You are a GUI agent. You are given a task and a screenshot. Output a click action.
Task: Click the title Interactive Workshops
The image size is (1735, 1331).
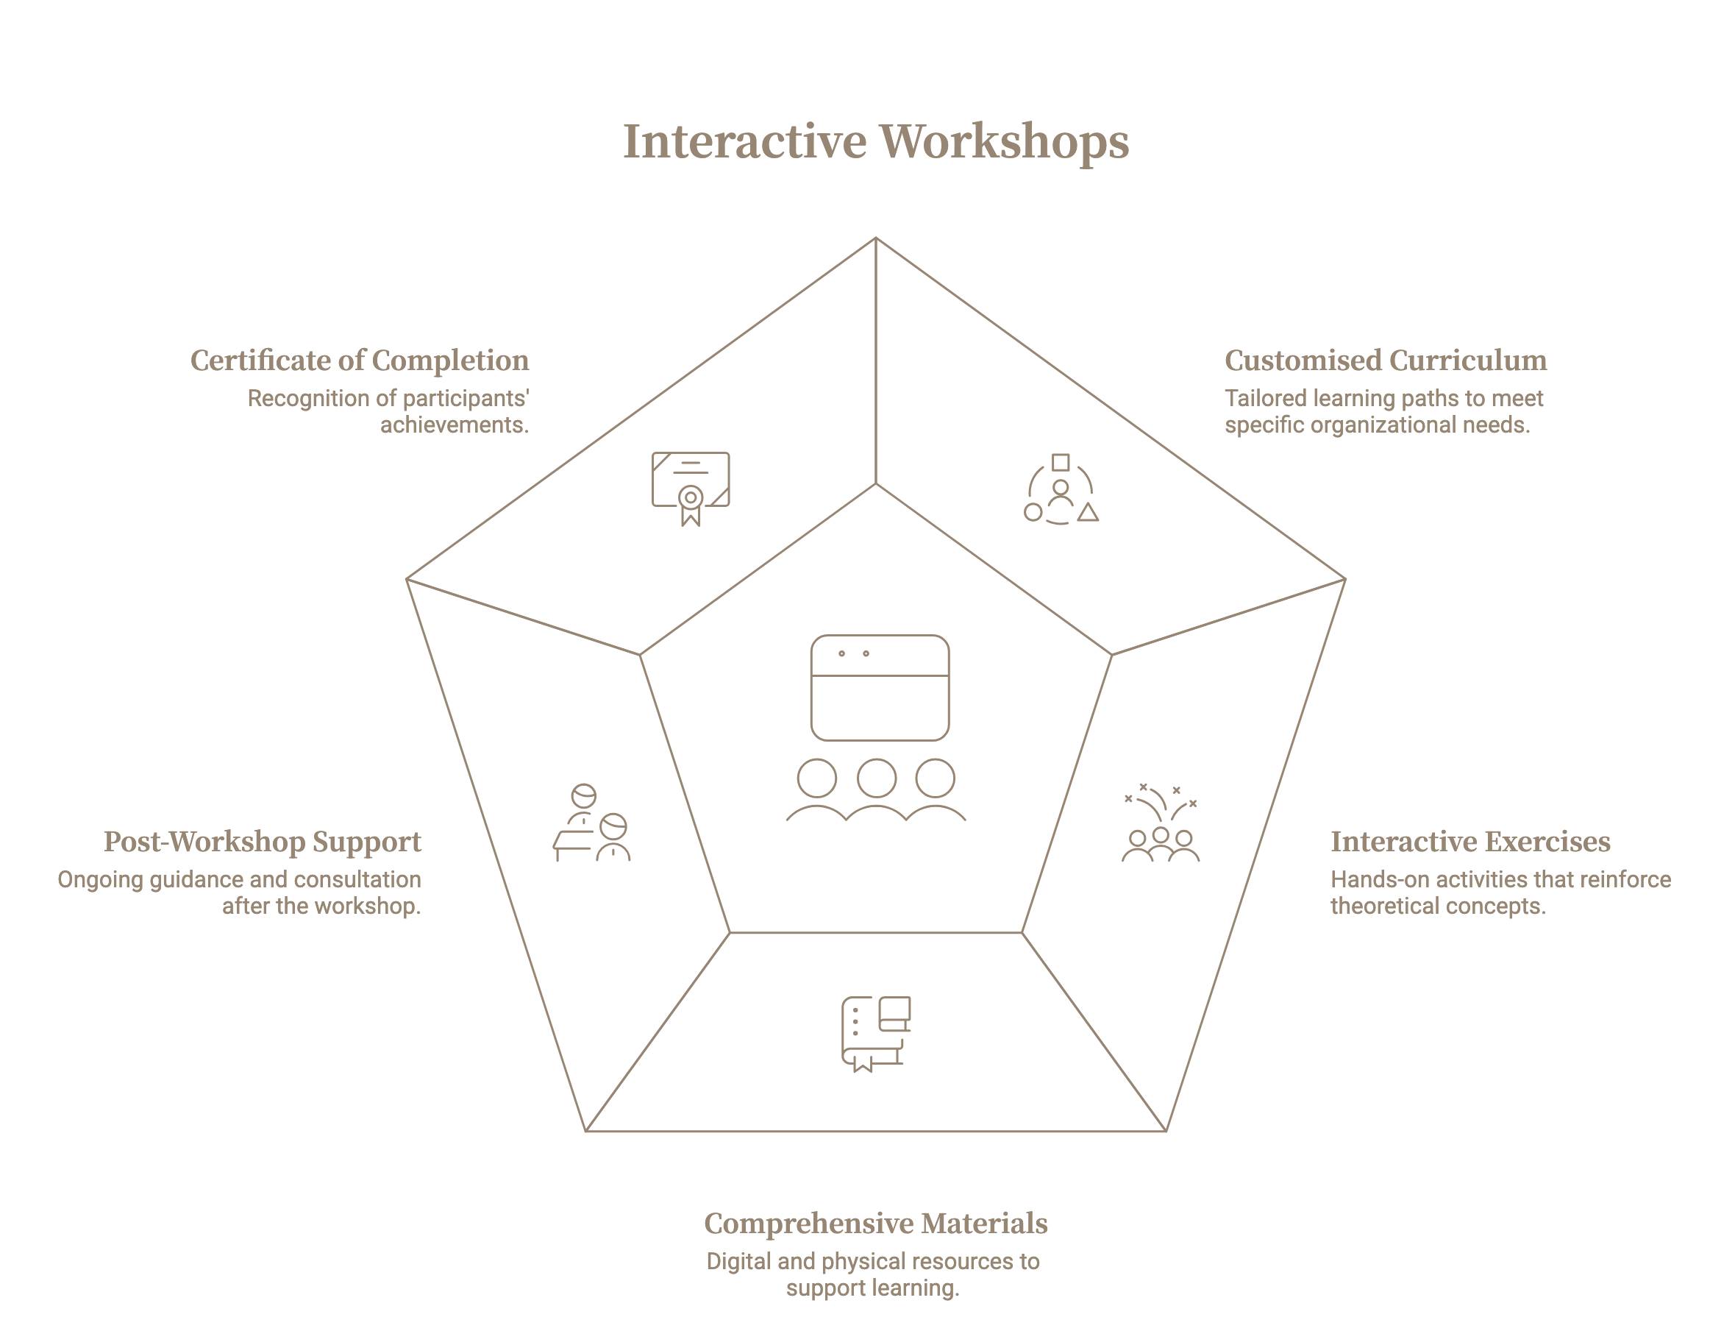click(875, 142)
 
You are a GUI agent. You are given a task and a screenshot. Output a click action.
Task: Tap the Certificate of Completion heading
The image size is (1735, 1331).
click(359, 361)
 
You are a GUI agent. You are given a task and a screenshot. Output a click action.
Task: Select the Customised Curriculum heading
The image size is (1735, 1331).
click(1385, 361)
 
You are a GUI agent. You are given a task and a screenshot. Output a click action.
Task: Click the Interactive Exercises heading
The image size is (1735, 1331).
click(1469, 842)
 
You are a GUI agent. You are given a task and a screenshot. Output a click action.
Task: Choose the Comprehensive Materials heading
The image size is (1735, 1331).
click(875, 1224)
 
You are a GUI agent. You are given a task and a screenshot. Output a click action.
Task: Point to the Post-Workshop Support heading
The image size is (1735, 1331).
click(262, 842)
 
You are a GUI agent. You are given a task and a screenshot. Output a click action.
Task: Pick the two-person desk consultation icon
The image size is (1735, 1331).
click(591, 823)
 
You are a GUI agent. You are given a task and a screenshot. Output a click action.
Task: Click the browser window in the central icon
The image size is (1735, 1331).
click(879, 688)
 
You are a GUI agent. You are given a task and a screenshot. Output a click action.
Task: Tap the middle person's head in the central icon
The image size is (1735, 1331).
click(876, 778)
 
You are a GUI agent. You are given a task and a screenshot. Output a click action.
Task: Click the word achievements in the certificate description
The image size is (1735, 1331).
click(454, 425)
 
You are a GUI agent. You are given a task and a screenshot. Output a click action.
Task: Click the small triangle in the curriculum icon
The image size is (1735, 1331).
click(1088, 513)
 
